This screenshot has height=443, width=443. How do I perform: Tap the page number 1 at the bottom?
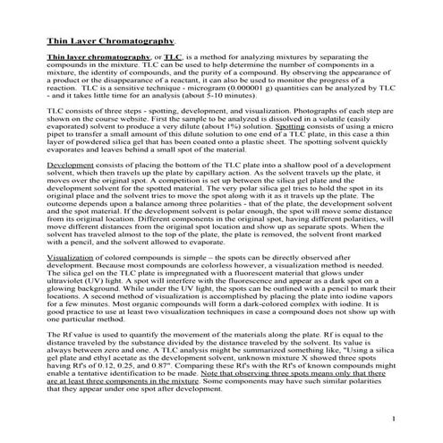click(x=394, y=419)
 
